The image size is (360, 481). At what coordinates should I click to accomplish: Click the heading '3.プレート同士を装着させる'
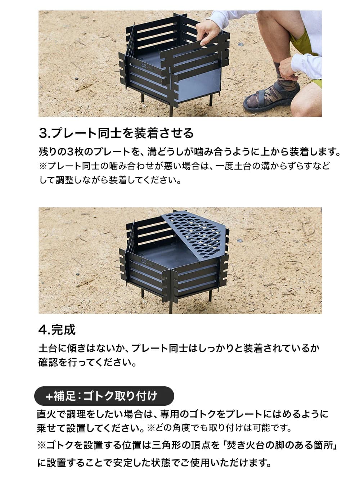(x=116, y=133)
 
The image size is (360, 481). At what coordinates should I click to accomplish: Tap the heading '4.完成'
(x=57, y=329)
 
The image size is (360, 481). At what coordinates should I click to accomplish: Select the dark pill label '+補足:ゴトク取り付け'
(x=104, y=396)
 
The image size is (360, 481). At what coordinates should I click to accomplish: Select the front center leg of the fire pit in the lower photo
(x=171, y=306)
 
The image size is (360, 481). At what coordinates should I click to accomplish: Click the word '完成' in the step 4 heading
(x=63, y=329)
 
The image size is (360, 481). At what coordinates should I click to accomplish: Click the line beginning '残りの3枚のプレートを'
(x=190, y=152)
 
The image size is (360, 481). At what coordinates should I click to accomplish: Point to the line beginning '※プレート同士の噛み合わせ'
(x=184, y=166)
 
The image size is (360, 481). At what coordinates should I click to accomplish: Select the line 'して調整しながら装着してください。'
(x=111, y=180)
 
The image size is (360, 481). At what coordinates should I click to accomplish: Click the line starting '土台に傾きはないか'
(x=179, y=348)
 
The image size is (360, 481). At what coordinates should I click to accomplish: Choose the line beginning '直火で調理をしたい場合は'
(x=183, y=414)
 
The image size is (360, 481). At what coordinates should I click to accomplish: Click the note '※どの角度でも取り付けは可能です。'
(x=219, y=428)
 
